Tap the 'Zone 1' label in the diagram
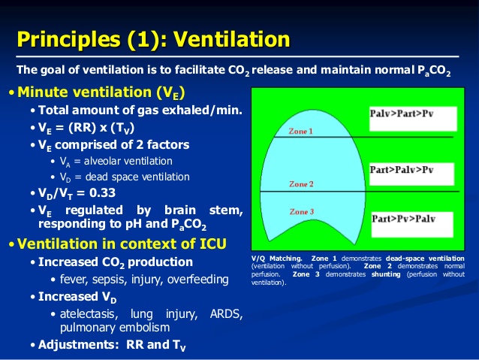301,132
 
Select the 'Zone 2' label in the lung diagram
300,184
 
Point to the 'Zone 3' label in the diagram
301,212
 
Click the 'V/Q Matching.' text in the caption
276,259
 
